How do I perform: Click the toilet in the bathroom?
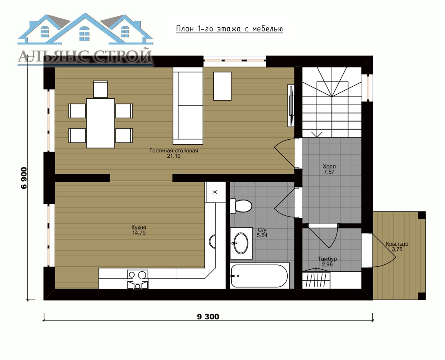coord(241,206)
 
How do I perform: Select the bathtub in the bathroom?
coord(260,276)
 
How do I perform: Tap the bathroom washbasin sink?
coord(241,243)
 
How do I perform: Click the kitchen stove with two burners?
coord(138,279)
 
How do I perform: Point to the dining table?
coord(101,123)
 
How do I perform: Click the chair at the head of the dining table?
coord(101,89)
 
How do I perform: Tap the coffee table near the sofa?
coord(222,86)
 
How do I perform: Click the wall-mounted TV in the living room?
coord(291,105)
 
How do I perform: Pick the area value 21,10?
coord(174,156)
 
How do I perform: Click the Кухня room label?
coord(139,228)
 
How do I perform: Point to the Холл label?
coord(329,166)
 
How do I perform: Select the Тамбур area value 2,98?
coord(327,264)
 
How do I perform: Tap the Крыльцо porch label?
coord(397,244)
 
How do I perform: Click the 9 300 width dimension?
coord(208,316)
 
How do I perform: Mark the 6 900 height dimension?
coord(24,178)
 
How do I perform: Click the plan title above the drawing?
coord(229,29)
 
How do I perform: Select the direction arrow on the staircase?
coord(317,134)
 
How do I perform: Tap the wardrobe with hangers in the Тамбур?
coord(317,279)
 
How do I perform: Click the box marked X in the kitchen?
coord(215,192)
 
